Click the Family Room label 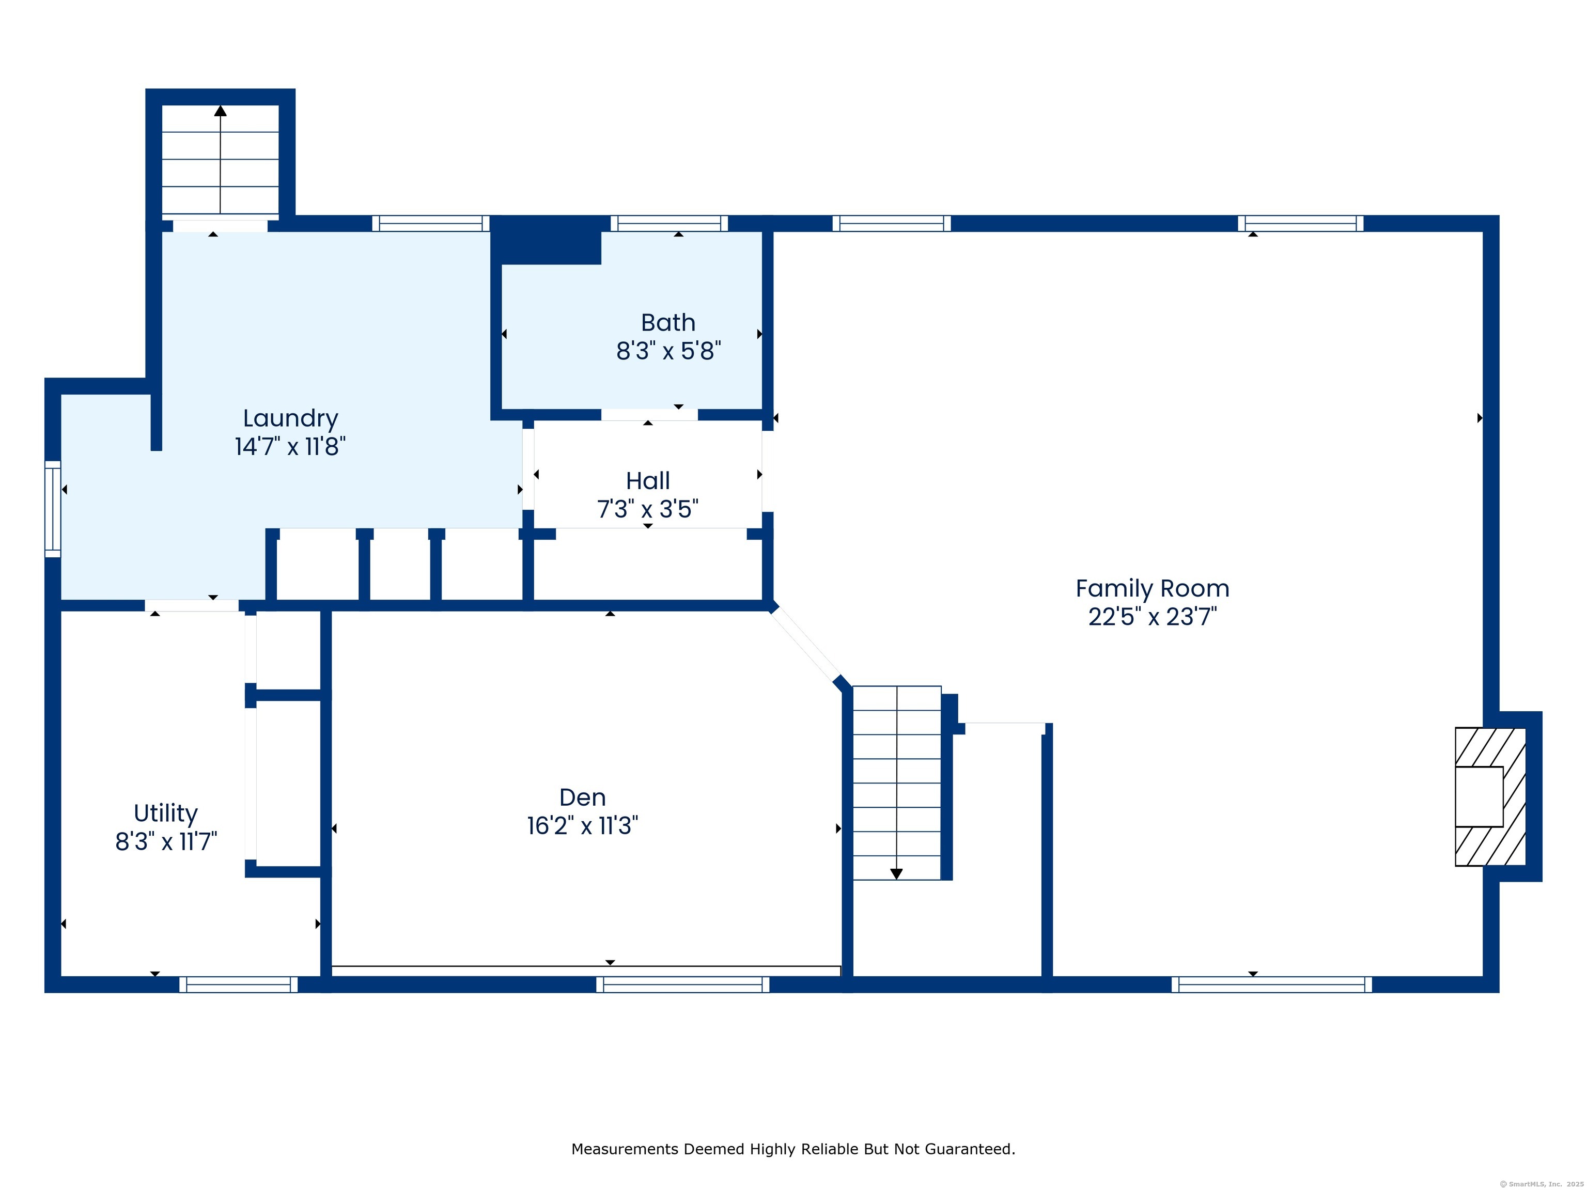tap(1152, 589)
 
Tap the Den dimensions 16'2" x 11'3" tap(583, 825)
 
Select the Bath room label tap(668, 323)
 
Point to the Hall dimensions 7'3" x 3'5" tap(648, 509)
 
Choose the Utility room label tap(166, 814)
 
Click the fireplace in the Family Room tap(1490, 796)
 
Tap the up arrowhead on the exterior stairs tap(220, 111)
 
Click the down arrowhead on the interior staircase tap(896, 874)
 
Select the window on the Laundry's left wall tap(53, 509)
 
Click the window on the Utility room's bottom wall tap(238, 984)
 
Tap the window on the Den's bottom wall tap(682, 984)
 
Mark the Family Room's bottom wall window tap(1271, 984)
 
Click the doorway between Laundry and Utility tap(192, 605)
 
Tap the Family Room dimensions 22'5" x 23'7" tap(1152, 617)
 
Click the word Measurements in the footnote tap(626, 1149)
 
